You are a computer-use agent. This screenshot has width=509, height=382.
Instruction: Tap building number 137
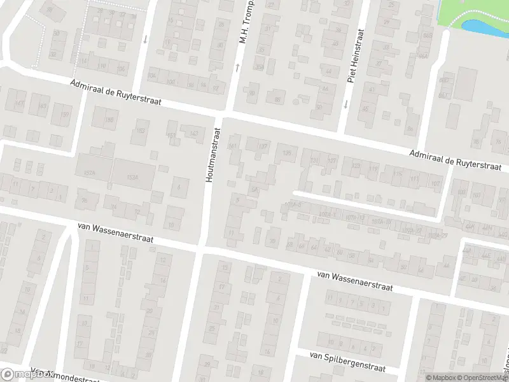[262, 147]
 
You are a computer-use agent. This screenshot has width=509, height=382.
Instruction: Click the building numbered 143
[193, 132]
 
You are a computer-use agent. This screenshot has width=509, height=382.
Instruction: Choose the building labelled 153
[139, 132]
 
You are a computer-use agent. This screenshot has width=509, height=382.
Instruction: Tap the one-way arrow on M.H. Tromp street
[237, 66]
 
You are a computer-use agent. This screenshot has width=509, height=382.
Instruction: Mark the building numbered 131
[313, 160]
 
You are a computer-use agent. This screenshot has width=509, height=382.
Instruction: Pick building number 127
[331, 161]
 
